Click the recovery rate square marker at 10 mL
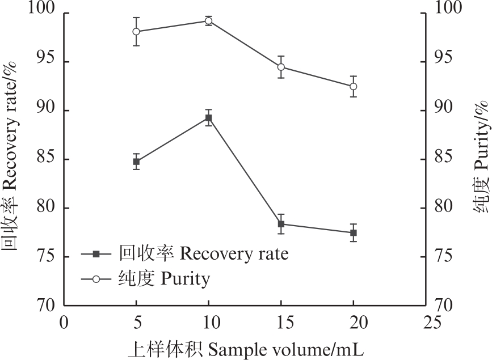209,118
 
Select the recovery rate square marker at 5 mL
136,162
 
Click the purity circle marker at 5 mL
136,31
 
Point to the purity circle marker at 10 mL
209,21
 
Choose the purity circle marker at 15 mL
281,67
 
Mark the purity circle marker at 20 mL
354,86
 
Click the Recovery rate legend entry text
203,253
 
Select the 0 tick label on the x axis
64,323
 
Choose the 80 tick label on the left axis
45,208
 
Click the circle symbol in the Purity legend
96,278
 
